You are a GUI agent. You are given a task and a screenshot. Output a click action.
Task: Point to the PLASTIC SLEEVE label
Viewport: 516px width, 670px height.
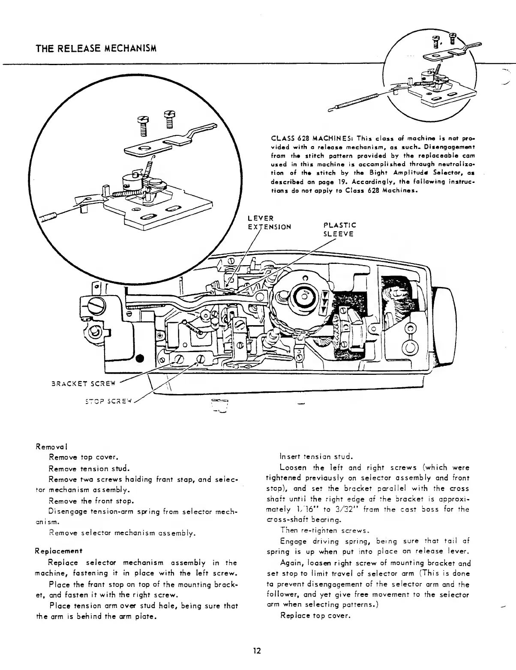pyautogui.click(x=339, y=229)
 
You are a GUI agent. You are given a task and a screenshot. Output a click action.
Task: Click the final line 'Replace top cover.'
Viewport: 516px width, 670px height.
pyautogui.click(x=315, y=616)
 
